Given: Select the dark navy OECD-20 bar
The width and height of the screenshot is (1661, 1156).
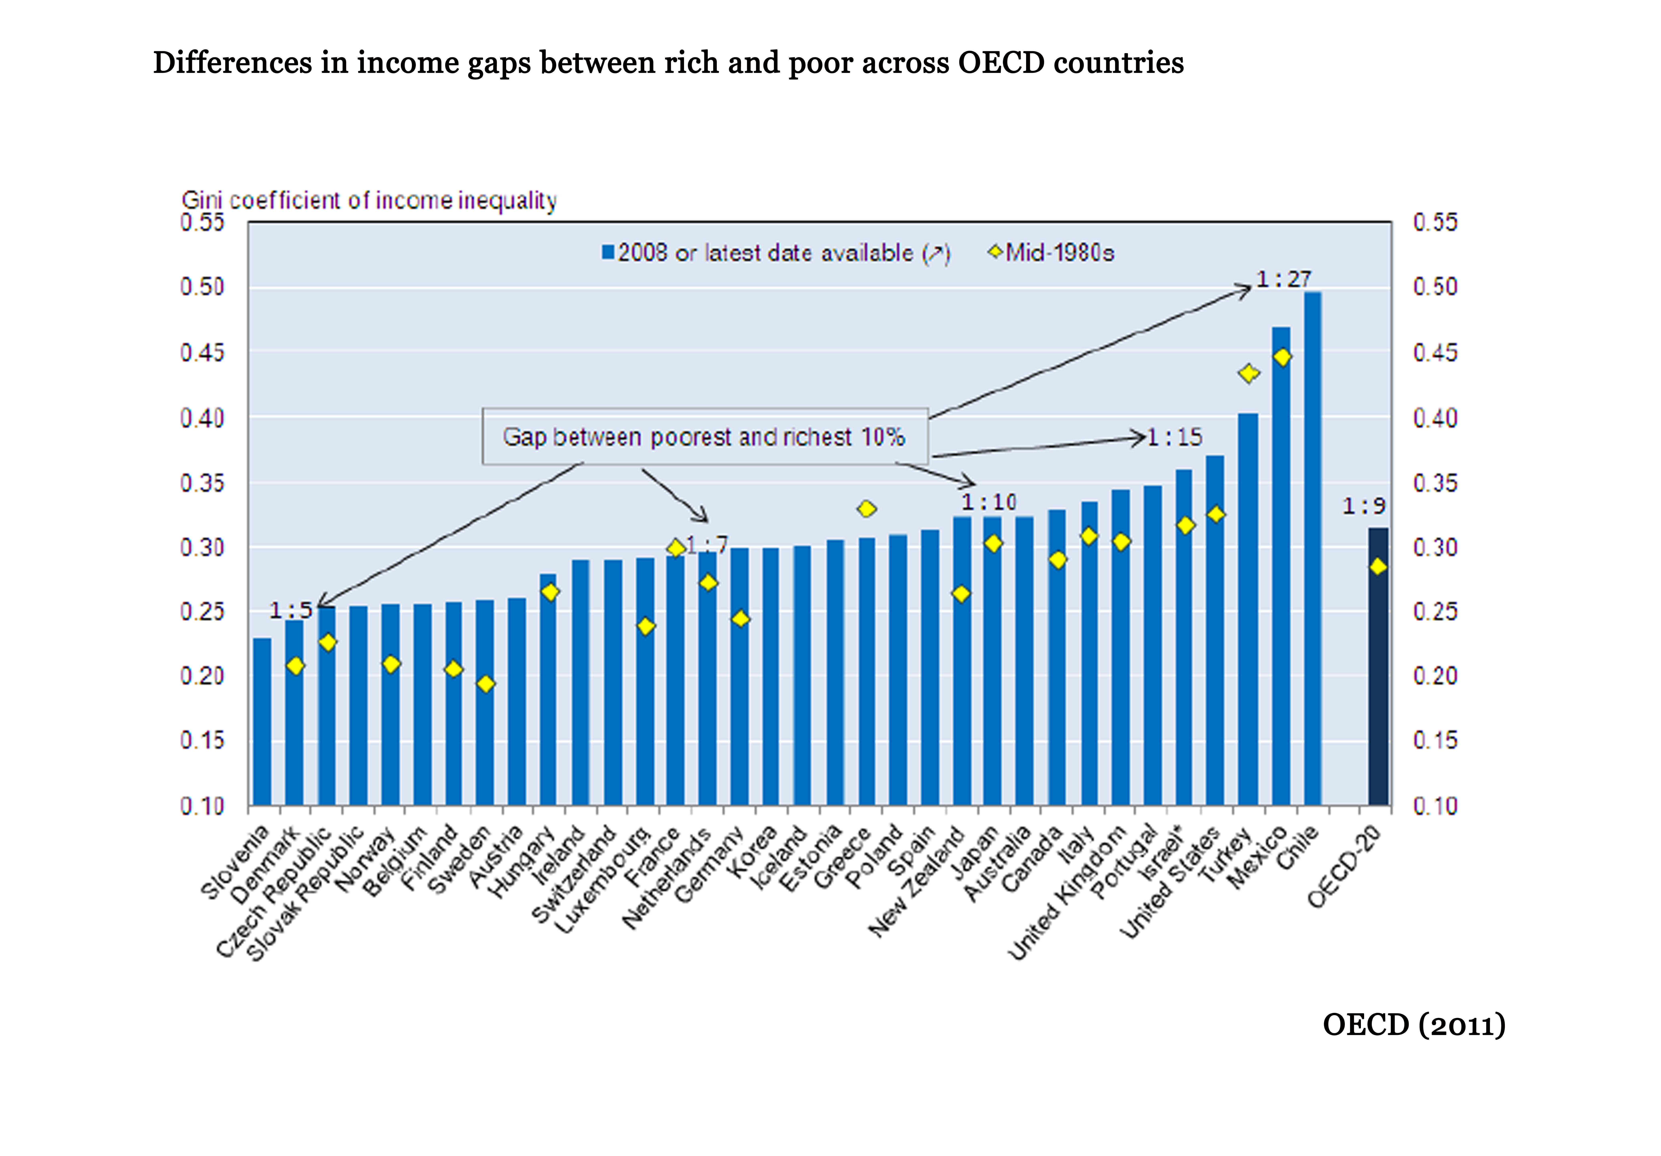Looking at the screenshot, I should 1378,666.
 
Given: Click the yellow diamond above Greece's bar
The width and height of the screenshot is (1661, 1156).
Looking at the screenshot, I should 867,509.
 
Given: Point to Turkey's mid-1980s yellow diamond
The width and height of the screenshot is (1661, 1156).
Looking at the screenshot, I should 1249,373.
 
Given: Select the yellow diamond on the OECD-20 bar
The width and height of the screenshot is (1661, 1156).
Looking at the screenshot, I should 1378,566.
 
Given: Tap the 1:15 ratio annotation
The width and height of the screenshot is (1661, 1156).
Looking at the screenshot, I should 1175,437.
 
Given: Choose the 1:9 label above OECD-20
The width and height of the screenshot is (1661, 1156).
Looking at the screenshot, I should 1364,506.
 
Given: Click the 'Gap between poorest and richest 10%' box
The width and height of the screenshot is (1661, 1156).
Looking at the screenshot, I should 705,437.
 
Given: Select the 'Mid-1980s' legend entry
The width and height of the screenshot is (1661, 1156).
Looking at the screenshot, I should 1053,253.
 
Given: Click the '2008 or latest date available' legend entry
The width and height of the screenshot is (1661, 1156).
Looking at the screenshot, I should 776,253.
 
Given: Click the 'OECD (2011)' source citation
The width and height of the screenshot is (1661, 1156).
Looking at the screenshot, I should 1414,1025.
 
